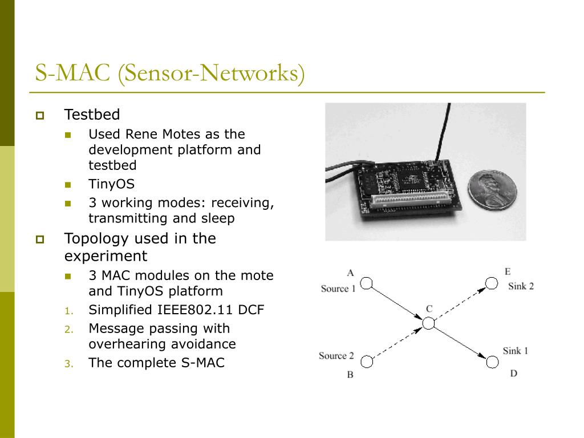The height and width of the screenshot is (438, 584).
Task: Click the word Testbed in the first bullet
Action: point(92,115)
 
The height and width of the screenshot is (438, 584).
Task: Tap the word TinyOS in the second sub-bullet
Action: point(111,184)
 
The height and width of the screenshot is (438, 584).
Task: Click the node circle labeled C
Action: point(428,323)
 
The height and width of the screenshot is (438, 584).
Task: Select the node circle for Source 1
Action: point(367,283)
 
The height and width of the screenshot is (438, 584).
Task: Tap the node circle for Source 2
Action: point(367,361)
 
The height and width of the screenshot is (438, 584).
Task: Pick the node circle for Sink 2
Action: point(491,283)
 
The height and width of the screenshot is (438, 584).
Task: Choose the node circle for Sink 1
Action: point(492,361)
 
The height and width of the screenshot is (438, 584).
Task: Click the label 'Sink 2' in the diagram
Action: point(521,286)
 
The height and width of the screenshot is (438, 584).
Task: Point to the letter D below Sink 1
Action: point(513,374)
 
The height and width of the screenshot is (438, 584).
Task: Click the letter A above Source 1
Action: point(350,273)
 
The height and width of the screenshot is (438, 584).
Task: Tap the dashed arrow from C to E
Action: point(460,303)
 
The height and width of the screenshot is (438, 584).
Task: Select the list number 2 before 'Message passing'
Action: point(68,329)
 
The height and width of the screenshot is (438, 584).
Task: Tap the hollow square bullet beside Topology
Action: point(40,240)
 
